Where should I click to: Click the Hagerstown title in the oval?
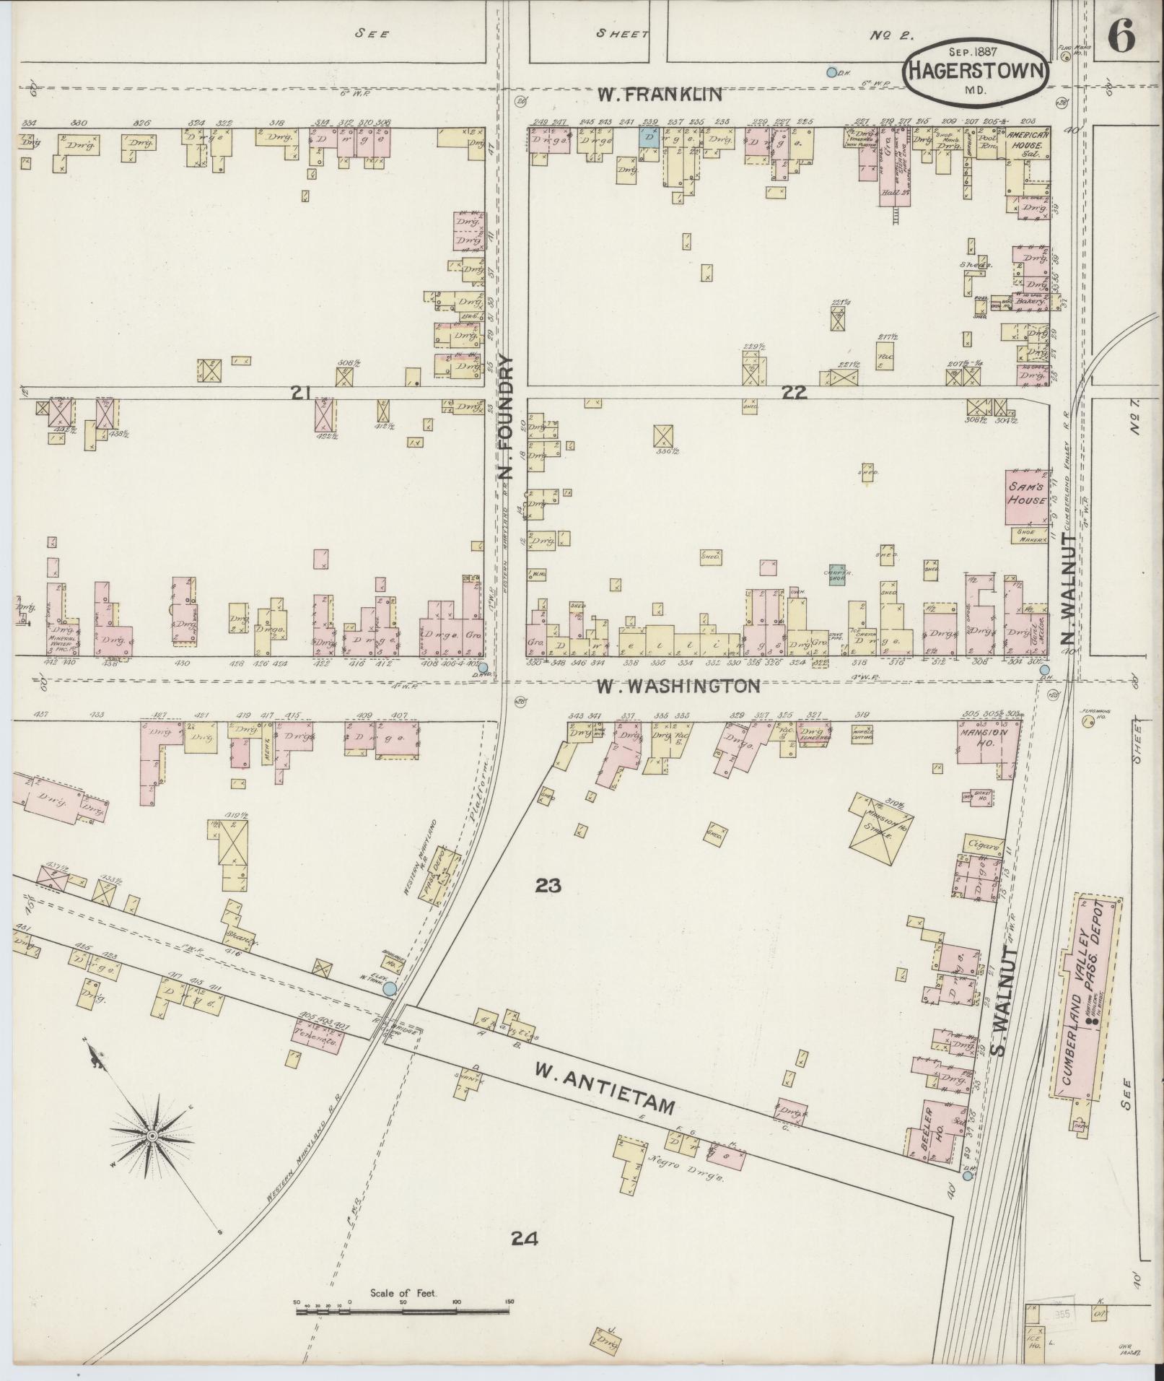(x=975, y=71)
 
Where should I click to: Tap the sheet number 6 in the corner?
(x=1120, y=34)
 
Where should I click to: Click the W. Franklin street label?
(x=660, y=94)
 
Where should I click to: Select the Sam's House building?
(x=1027, y=497)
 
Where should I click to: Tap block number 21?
(x=301, y=393)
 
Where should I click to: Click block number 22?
(x=794, y=393)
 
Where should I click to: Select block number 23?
(x=548, y=885)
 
